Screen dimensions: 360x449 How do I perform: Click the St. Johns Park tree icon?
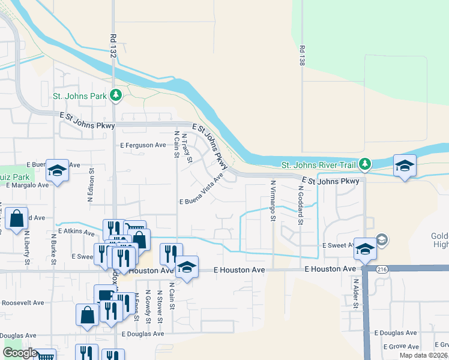click(116, 95)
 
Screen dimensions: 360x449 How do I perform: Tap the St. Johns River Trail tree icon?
click(365, 164)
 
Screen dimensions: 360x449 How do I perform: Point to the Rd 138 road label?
click(301, 55)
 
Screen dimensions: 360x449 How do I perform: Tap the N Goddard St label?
click(300, 205)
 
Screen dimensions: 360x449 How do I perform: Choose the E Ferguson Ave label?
click(143, 145)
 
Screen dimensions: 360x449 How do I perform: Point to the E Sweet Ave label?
click(338, 245)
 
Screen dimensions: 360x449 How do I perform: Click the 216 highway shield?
click(382, 270)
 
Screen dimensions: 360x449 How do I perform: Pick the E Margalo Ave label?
click(27, 185)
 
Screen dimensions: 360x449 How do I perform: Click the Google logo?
click(20, 352)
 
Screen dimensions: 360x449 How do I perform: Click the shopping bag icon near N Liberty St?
click(17, 219)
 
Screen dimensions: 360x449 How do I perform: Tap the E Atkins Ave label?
click(77, 231)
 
